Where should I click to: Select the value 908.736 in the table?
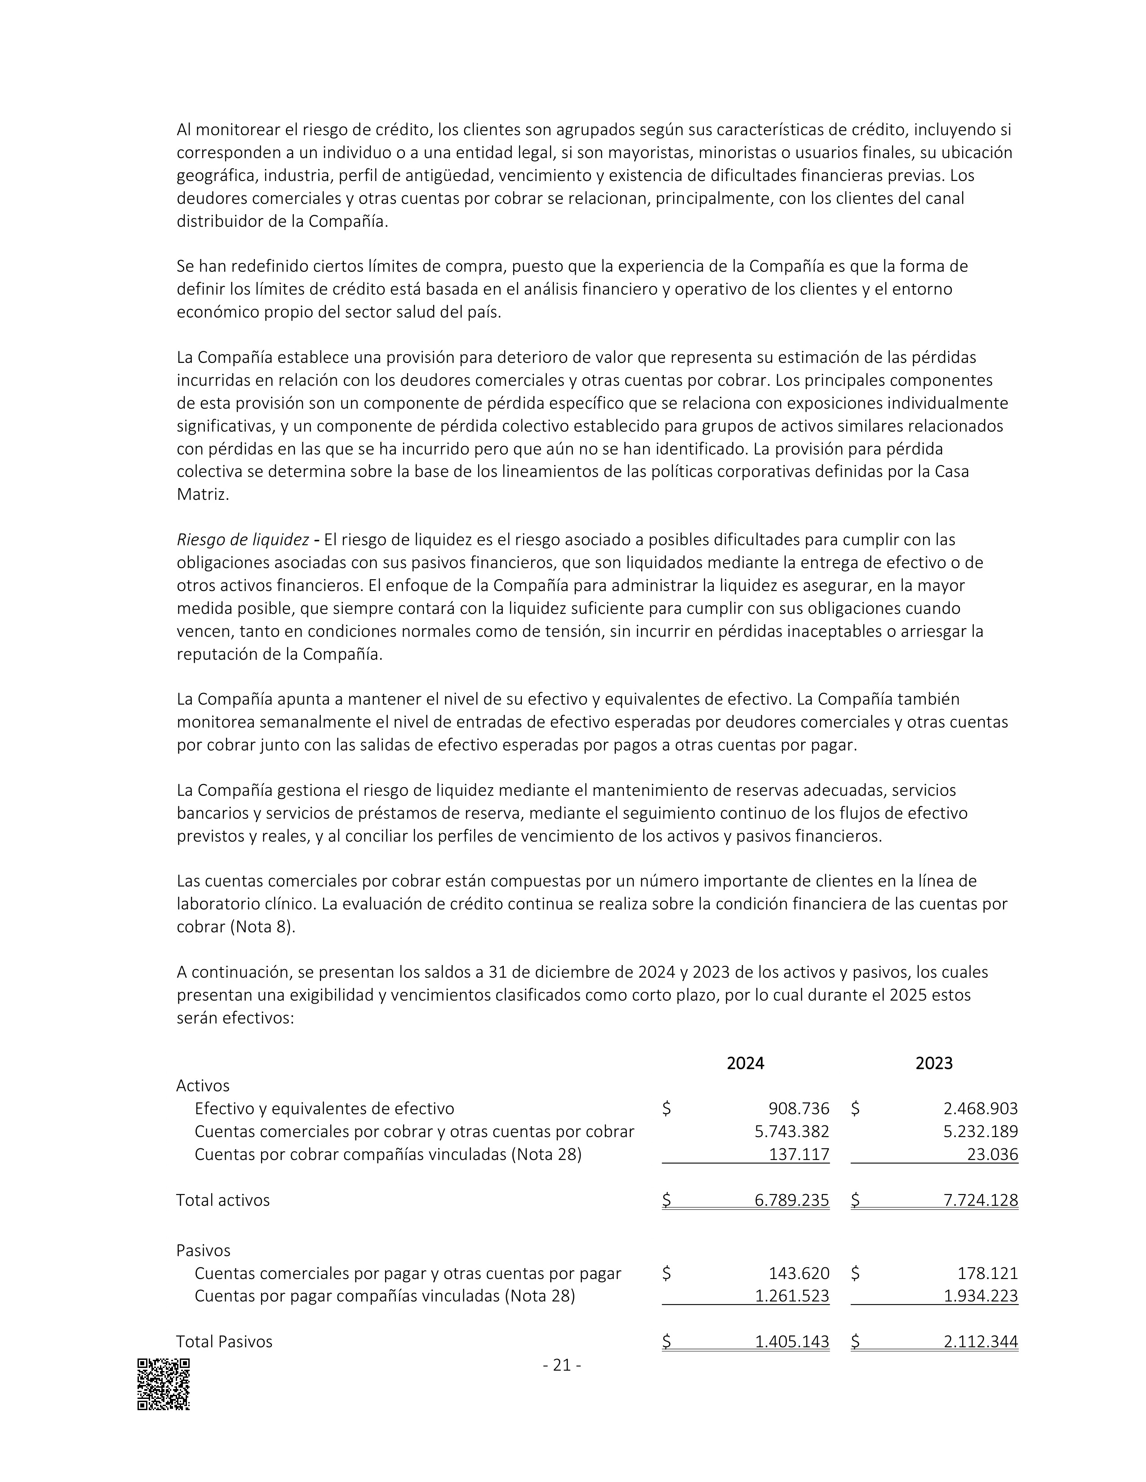[799, 1109]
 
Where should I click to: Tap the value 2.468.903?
[980, 1109]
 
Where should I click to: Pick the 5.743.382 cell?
[791, 1132]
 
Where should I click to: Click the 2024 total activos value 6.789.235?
[791, 1200]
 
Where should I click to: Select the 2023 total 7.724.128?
[980, 1200]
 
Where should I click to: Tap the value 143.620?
[799, 1274]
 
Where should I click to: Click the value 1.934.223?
[980, 1296]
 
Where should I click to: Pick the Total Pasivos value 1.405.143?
[791, 1341]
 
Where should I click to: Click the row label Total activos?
[222, 1200]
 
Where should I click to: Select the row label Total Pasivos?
[224, 1341]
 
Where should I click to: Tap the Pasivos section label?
[203, 1251]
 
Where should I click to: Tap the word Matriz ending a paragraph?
[202, 495]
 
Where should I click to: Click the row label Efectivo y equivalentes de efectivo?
[324, 1109]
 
